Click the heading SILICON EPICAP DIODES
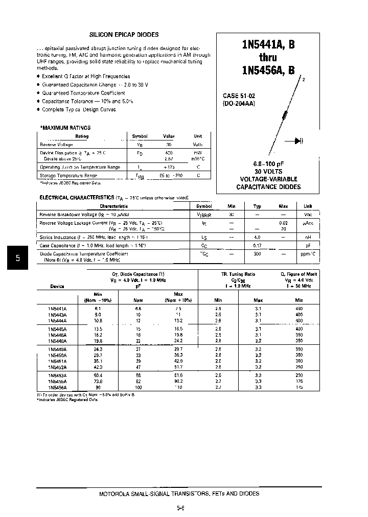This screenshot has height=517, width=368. click(124, 35)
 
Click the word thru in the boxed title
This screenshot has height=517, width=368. click(268, 58)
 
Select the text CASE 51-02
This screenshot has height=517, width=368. click(238, 96)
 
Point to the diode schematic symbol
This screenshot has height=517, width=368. click(298, 142)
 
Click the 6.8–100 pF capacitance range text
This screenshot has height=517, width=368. click(268, 164)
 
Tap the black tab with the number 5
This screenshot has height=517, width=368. click(17, 258)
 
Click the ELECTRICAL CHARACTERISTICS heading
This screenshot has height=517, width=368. click(77, 197)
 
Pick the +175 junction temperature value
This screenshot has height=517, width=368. click(169, 167)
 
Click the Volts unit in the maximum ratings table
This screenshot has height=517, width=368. click(198, 145)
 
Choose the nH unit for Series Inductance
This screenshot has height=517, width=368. click(308, 238)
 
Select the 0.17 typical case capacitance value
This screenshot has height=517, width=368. click(257, 246)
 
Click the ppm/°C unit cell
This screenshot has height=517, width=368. click(308, 254)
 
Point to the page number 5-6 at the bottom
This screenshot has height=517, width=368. click(180, 508)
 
